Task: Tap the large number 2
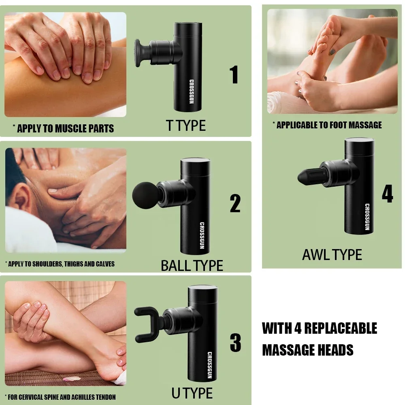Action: [235, 203]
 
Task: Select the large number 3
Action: [235, 343]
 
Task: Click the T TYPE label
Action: [186, 126]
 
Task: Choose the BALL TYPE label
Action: [192, 266]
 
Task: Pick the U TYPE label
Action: [192, 393]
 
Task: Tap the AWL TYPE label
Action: [332, 255]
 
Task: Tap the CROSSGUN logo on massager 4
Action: [367, 217]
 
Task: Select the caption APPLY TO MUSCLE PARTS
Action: [65, 129]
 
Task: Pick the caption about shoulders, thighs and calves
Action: [60, 264]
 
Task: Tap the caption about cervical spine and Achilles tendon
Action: [60, 397]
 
